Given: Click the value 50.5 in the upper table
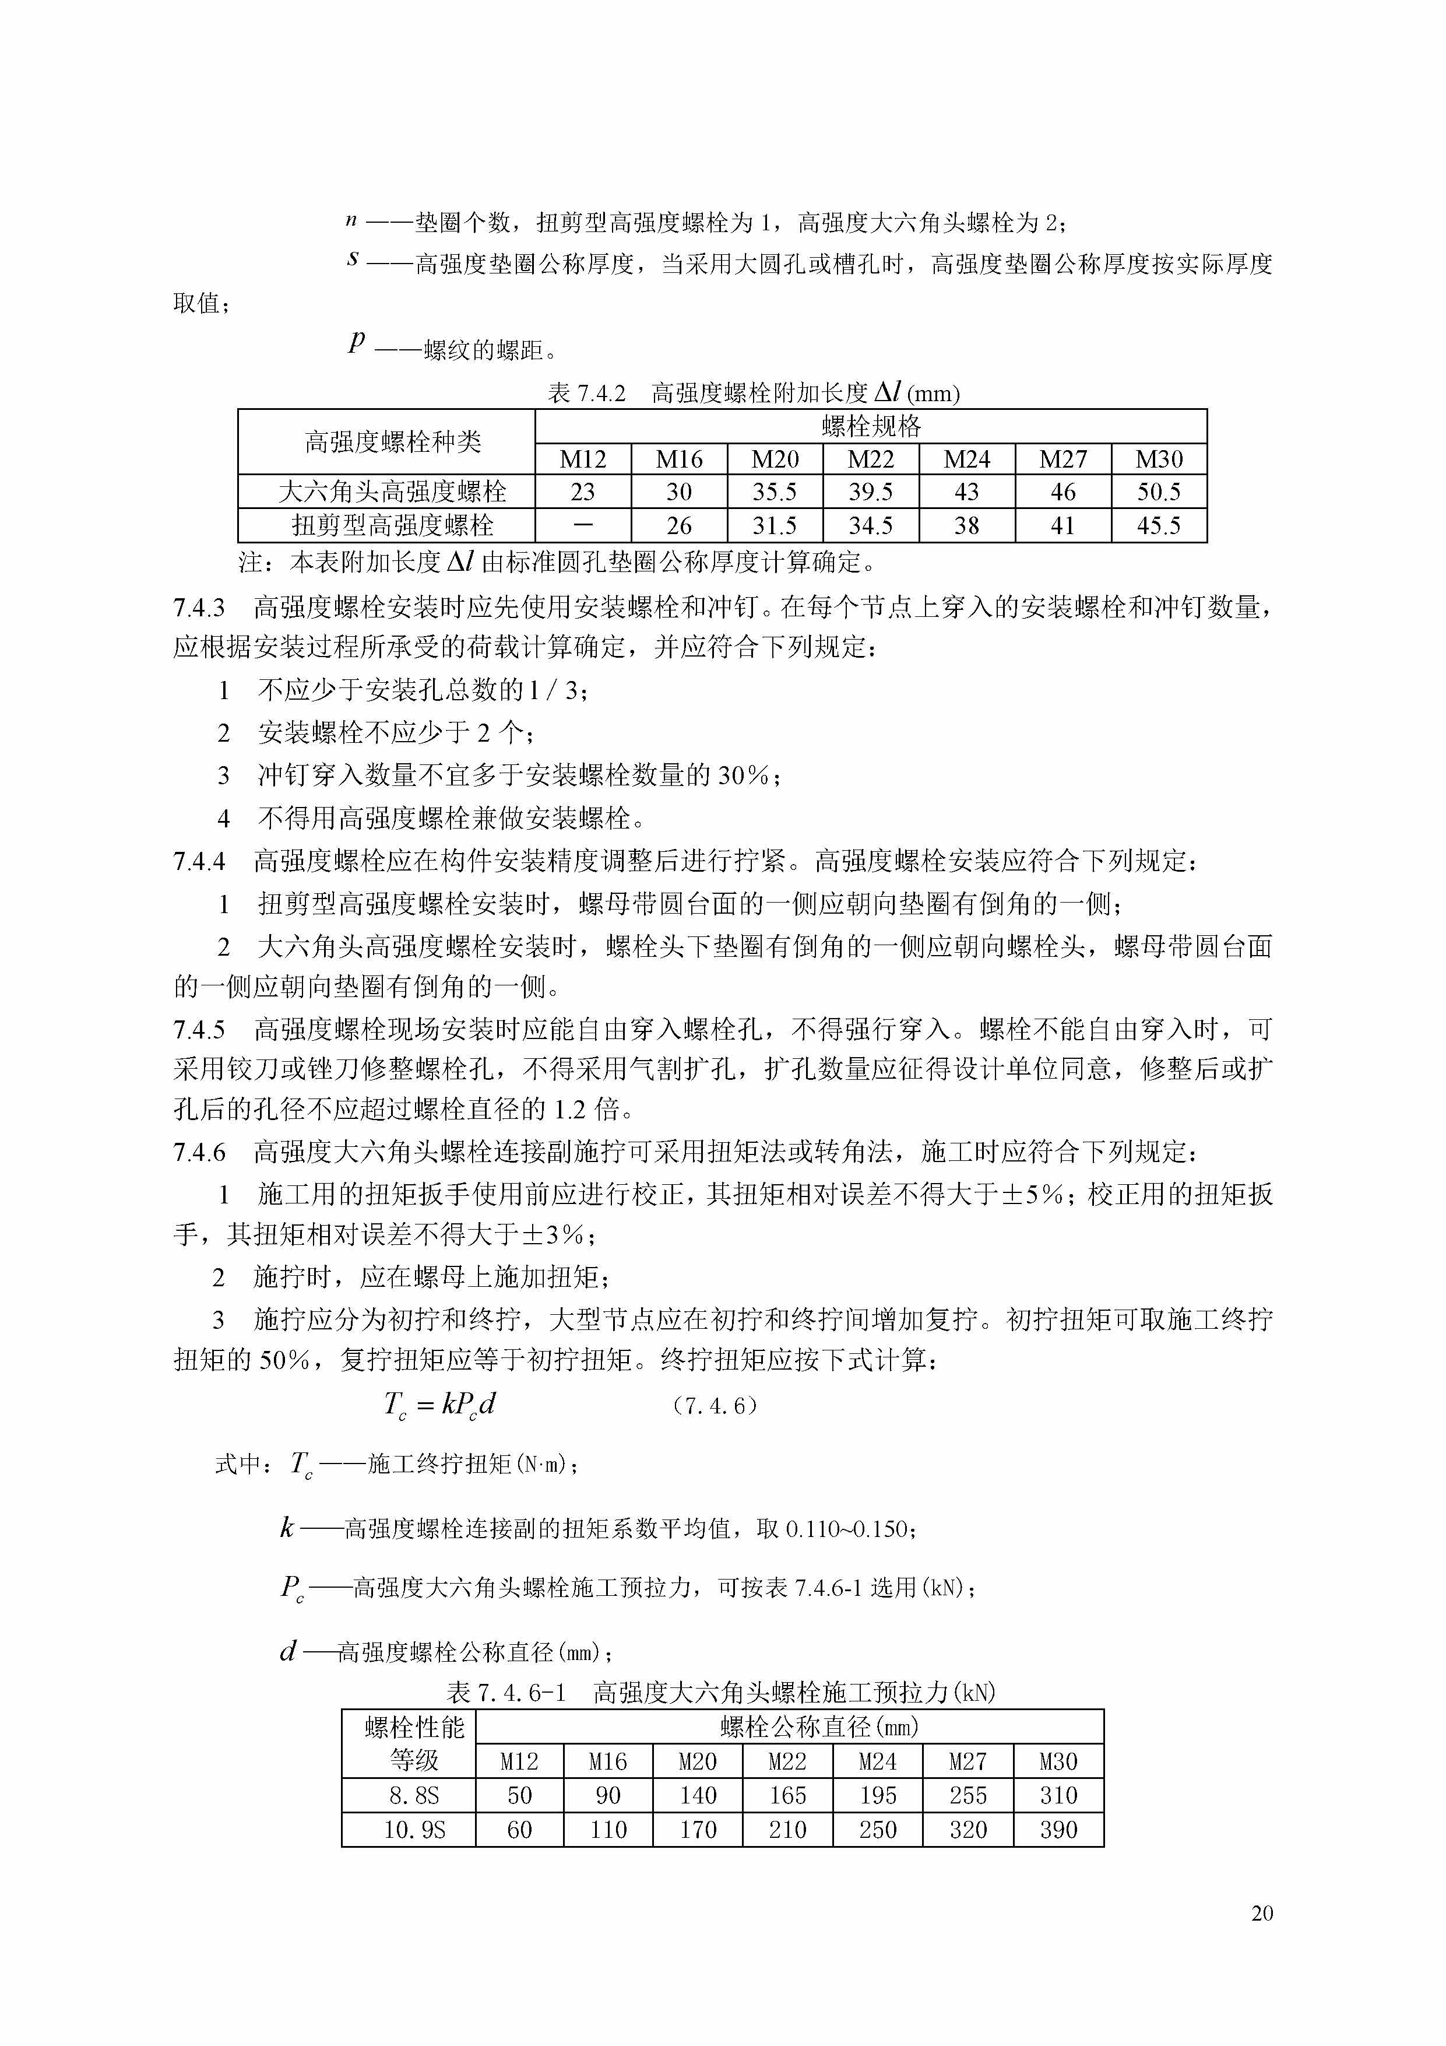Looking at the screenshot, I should tap(1158, 492).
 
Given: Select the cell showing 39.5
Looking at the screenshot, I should tap(870, 492).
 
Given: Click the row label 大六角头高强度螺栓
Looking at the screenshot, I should tap(392, 492).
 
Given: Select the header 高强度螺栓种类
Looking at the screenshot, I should tap(392, 442).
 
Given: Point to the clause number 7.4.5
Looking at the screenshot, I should tap(199, 1030).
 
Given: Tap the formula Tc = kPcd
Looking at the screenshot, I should tap(439, 1405).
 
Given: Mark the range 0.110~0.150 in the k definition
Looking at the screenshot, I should tap(846, 1529).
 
